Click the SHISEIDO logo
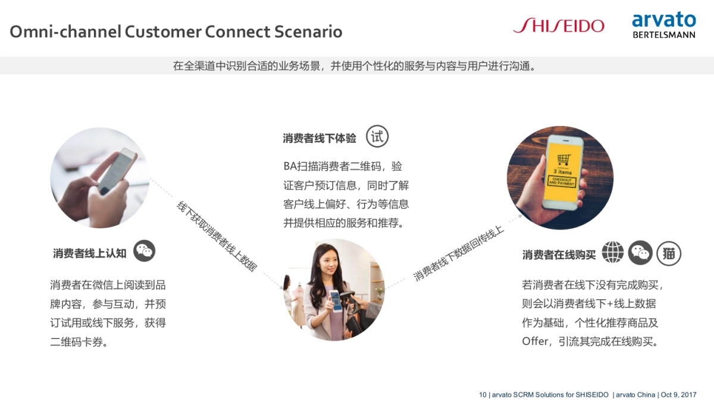[x=558, y=26]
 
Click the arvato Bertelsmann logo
[x=663, y=26]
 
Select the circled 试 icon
[x=377, y=137]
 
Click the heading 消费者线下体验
[x=320, y=139]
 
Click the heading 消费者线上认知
[x=90, y=253]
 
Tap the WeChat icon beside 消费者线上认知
[x=144, y=251]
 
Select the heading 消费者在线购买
[x=559, y=255]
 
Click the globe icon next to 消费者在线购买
[x=613, y=253]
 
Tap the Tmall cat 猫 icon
[x=669, y=253]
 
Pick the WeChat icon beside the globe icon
[x=641, y=253]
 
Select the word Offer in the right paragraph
[x=534, y=342]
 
